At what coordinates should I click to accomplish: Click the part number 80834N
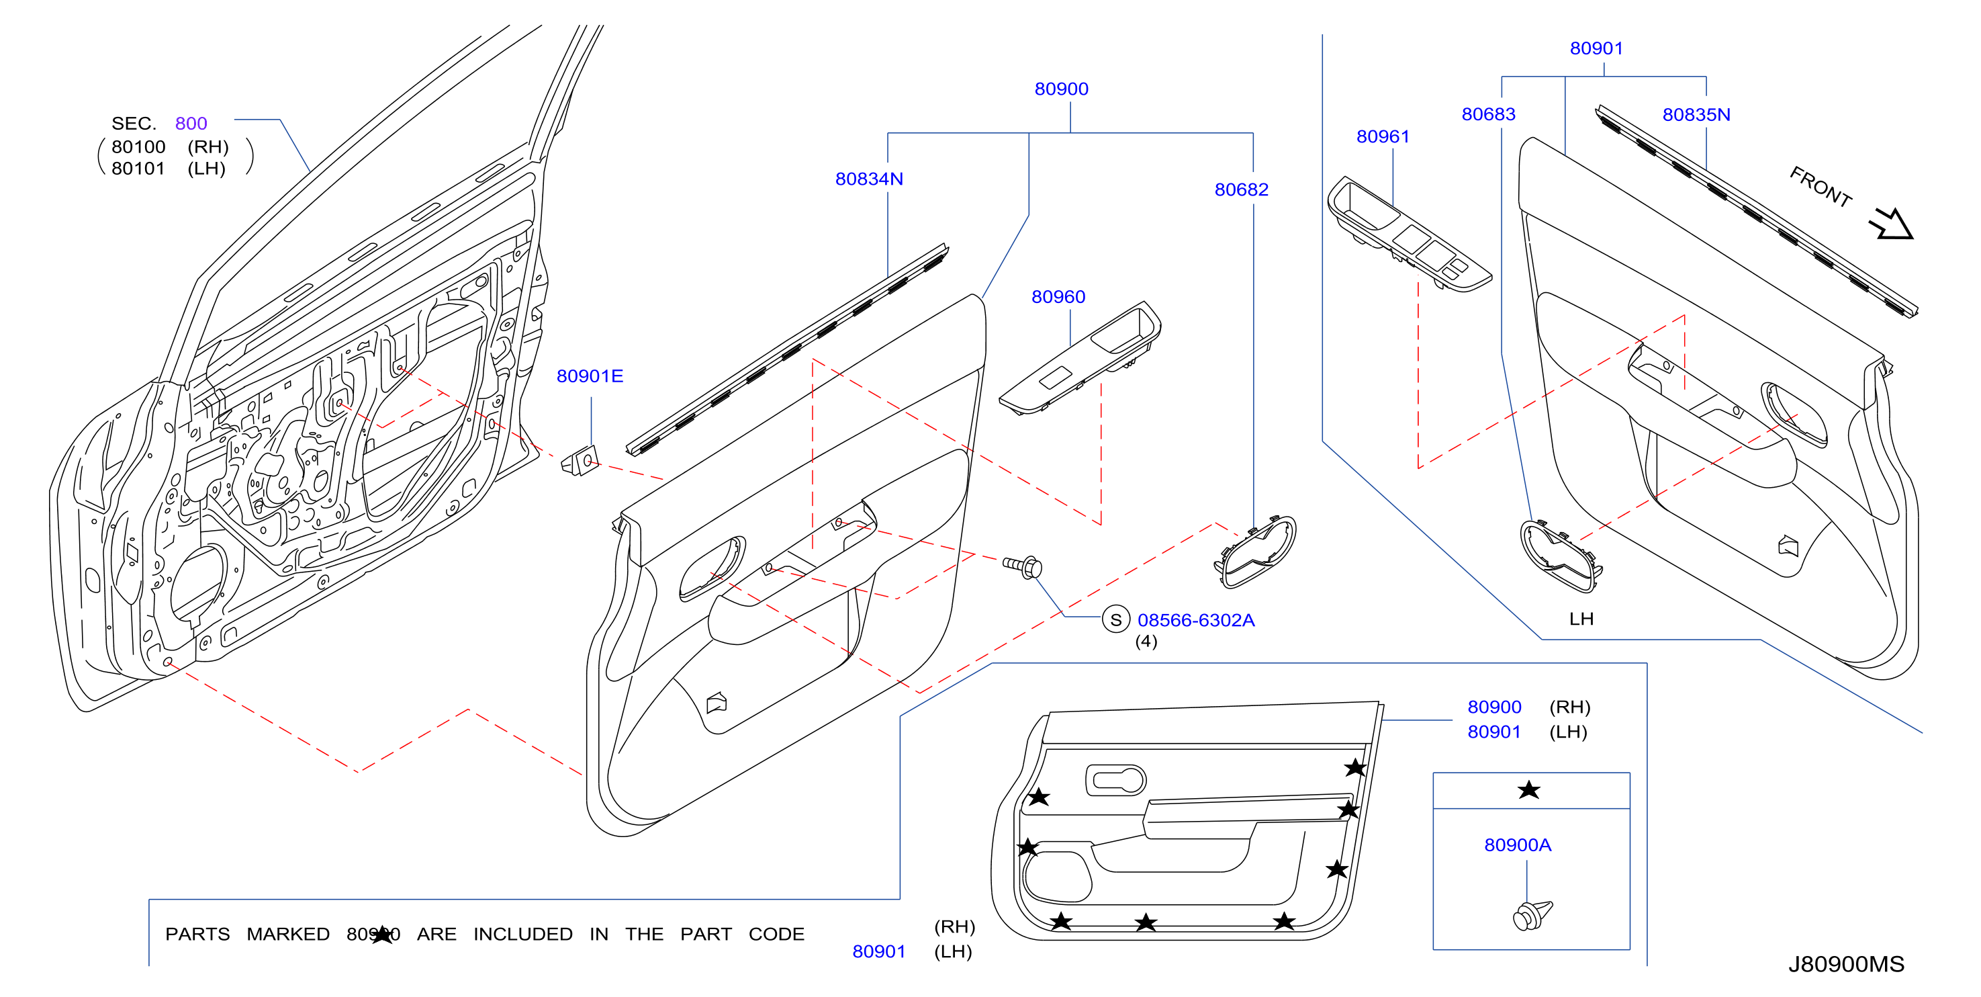click(869, 179)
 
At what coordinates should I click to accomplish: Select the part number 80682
click(1241, 190)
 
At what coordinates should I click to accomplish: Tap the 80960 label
click(1058, 297)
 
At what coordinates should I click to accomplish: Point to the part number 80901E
click(590, 376)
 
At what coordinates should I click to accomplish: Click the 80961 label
click(1383, 137)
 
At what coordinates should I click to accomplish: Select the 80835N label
click(1696, 115)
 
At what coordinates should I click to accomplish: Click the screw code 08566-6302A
click(1196, 620)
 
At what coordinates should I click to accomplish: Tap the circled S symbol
click(1116, 619)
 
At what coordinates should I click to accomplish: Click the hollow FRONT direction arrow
click(1892, 224)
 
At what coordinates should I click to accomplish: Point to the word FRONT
click(1821, 187)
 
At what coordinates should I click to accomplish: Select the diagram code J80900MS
click(1845, 965)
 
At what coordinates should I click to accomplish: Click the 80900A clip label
click(1517, 845)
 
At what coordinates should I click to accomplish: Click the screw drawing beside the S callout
click(1023, 567)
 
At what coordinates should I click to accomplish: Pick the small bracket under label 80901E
click(581, 461)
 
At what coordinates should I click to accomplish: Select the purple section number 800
click(191, 124)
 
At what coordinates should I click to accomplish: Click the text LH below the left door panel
click(1581, 619)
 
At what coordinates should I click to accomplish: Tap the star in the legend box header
click(1529, 790)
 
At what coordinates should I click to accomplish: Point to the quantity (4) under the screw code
click(1146, 642)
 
